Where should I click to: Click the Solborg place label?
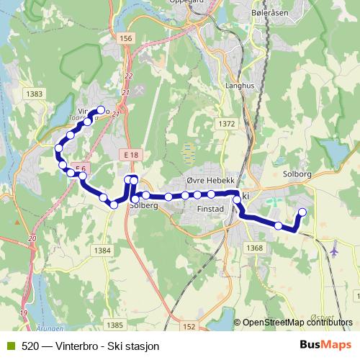pos(296,174)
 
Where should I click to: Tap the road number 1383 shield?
pos(33,94)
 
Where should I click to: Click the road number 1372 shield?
pos(226,124)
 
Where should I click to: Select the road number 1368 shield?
pos(254,248)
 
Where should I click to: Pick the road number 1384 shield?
pos(103,251)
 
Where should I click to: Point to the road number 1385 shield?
pos(114,325)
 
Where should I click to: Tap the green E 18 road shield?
pos(130,156)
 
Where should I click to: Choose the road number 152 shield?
pos(189,326)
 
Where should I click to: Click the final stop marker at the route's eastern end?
pos(302,212)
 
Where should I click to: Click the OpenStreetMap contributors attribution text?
pos(297,323)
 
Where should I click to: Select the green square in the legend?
pos(9,346)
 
